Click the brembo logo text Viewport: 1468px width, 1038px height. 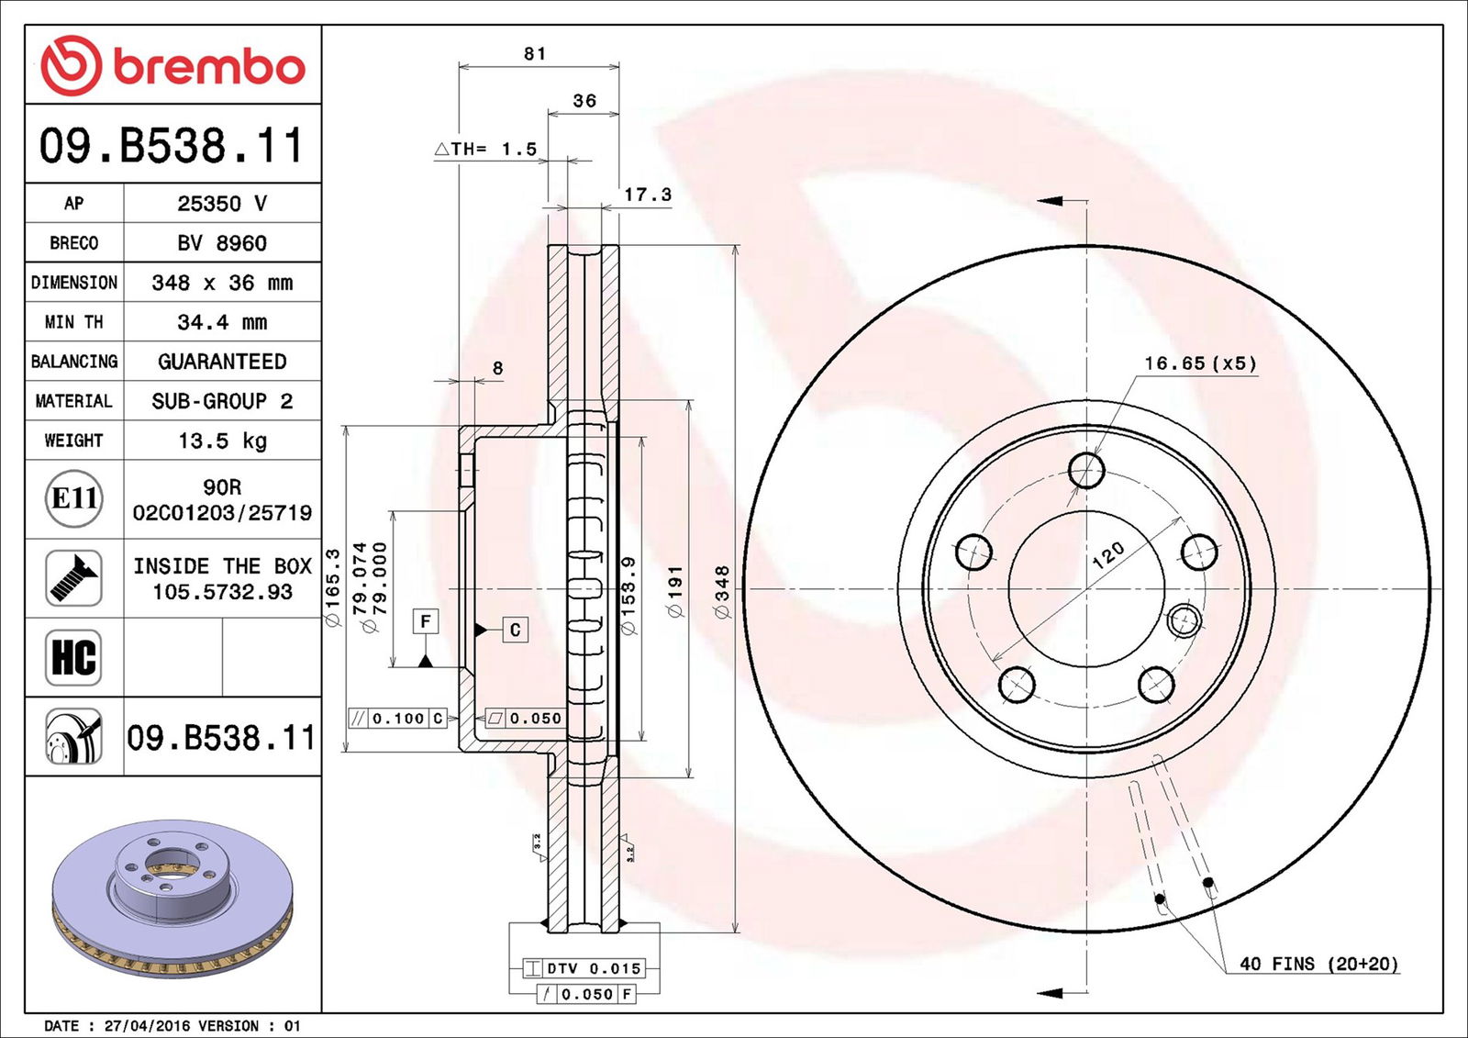(208, 67)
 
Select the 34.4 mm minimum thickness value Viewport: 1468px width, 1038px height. (222, 322)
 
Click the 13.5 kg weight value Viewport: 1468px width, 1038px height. (222, 441)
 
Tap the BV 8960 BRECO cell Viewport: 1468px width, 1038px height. (222, 243)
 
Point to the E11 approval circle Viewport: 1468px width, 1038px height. (74, 498)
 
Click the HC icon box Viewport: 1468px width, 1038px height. (73, 657)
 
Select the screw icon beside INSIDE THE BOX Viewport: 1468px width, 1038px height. (73, 578)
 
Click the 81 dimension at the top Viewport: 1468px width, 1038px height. (535, 54)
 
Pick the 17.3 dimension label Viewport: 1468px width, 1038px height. (648, 195)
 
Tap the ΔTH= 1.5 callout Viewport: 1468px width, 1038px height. (486, 149)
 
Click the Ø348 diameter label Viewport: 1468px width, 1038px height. (722, 592)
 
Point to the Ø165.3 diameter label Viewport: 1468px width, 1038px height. (333, 587)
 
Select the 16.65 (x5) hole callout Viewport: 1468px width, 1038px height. (1199, 363)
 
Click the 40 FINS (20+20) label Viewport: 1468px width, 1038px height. (1318, 964)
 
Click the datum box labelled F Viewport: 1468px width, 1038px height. (425, 621)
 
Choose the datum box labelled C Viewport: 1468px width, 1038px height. (515, 630)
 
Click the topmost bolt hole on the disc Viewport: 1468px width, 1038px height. (1086, 471)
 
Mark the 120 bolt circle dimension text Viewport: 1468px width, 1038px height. (1108, 554)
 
